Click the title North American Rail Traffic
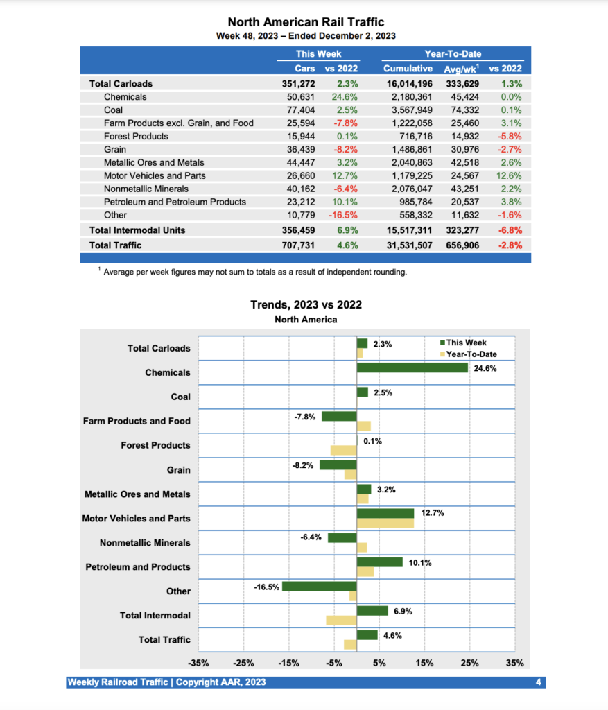[x=306, y=22]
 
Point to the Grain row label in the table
[x=115, y=149]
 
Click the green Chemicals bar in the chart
[x=412, y=367]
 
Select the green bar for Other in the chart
[x=319, y=586]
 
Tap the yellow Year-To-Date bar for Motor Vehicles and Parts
[x=385, y=523]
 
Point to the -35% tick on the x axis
[x=198, y=663]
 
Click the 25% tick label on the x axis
[x=470, y=663]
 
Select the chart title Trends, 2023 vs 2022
[x=306, y=304]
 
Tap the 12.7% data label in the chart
[x=433, y=512]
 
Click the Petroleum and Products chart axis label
[x=137, y=567]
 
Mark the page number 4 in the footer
[x=539, y=683]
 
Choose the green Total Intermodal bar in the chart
[x=372, y=610]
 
